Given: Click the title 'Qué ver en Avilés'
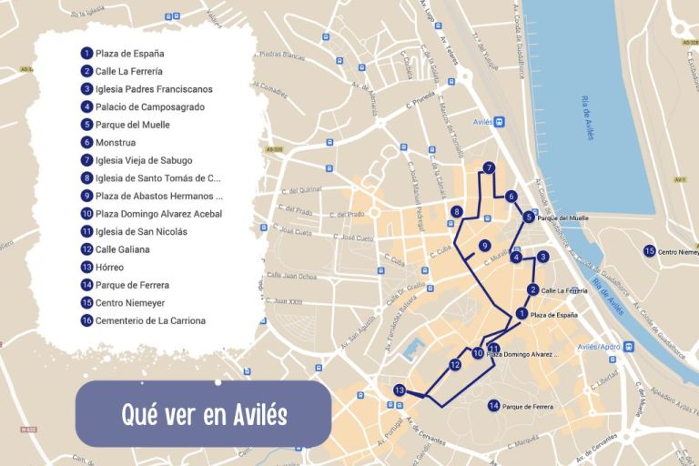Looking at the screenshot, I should pos(204,415).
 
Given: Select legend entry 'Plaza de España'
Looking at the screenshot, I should pos(129,53).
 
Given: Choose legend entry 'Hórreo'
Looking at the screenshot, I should pos(109,267).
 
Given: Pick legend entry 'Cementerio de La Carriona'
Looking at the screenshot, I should pos(150,320).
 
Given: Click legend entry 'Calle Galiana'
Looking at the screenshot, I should pos(121,248).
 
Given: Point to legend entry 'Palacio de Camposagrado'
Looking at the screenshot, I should pos(149,106).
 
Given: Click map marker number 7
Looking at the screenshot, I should pos(489,167).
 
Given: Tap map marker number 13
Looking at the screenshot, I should pos(399,390).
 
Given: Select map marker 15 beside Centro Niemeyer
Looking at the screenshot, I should pos(650,250).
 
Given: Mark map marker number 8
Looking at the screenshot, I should pos(456,212).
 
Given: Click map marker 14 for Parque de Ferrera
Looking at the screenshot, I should pos(493,405).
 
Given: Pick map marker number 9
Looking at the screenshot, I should pos(485,246).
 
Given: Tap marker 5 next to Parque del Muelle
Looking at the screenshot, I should pos(529,217).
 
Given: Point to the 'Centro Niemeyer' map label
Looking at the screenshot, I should pos(679,251).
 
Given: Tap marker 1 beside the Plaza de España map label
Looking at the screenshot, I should pos(522,313).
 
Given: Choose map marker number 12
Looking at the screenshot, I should pos(455,365).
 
